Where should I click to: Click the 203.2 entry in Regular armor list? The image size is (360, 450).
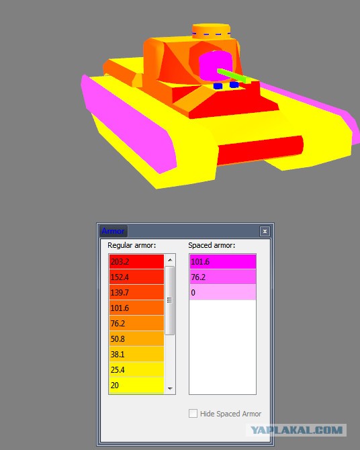pos(136,261)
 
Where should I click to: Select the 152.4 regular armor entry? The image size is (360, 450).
pos(136,277)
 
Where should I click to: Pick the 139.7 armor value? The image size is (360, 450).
pos(136,292)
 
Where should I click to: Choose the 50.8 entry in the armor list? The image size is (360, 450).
pos(136,339)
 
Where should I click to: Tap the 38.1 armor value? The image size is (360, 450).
pos(136,354)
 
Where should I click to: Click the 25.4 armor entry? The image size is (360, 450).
pos(136,369)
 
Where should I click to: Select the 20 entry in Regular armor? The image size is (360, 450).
pos(136,386)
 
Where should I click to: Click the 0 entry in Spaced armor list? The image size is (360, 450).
pos(223,292)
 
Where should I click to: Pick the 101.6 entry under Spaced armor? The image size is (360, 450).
pos(223,261)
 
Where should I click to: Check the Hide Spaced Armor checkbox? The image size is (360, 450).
pos(193,414)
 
